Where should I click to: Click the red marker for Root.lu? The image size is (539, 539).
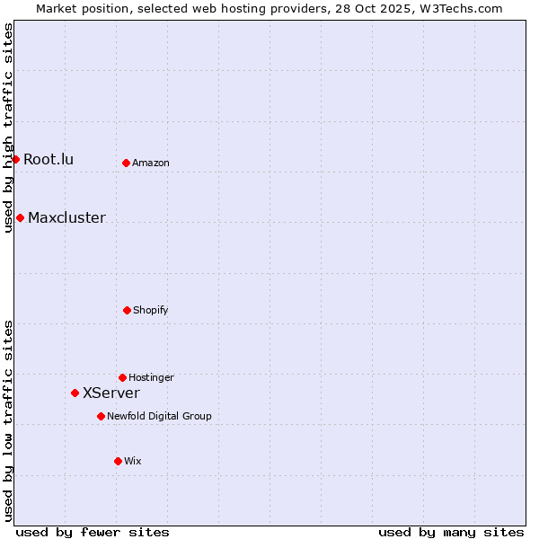click(15, 159)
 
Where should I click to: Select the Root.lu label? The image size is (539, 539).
click(49, 160)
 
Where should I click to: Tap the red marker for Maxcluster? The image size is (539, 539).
click(20, 217)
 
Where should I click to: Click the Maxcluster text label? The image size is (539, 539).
click(66, 218)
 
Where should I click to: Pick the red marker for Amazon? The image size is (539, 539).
click(126, 163)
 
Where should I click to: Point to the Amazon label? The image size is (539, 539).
click(151, 163)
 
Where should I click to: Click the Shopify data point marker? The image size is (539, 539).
click(127, 310)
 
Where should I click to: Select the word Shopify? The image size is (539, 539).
click(151, 311)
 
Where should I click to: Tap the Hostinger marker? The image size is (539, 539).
click(122, 377)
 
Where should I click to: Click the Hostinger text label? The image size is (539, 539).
click(151, 378)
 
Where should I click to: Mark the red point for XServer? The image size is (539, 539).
click(75, 393)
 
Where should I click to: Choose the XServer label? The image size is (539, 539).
click(111, 393)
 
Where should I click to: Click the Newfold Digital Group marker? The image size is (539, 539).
click(101, 416)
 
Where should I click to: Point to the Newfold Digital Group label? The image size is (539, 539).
click(159, 417)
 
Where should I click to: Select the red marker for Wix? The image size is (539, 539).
click(118, 461)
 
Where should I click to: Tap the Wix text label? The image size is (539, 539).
click(133, 462)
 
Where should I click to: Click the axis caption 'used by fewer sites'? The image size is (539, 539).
click(93, 532)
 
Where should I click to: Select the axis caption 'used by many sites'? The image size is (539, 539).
click(451, 532)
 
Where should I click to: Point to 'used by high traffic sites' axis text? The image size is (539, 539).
click(8, 128)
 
